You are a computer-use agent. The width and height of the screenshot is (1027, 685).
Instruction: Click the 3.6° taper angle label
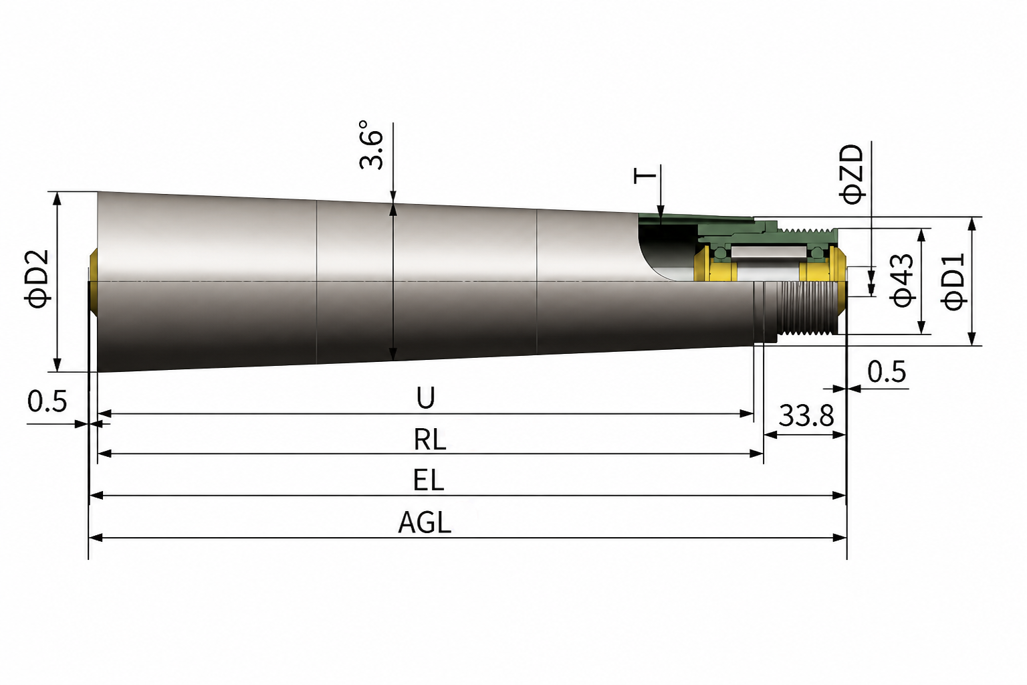[371, 145]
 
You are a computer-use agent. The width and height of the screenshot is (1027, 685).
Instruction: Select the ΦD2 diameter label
[37, 279]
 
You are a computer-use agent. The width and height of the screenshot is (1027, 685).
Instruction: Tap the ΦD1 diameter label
[953, 282]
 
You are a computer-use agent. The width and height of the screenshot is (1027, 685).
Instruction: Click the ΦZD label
[852, 174]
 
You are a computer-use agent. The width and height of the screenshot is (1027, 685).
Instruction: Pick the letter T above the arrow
[645, 175]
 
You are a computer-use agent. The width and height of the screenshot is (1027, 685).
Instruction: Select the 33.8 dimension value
[806, 415]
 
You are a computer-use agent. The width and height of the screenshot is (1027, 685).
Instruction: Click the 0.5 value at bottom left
[47, 401]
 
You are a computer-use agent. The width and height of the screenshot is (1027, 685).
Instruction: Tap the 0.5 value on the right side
[887, 372]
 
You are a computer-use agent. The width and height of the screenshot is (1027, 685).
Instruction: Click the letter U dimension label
[425, 398]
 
